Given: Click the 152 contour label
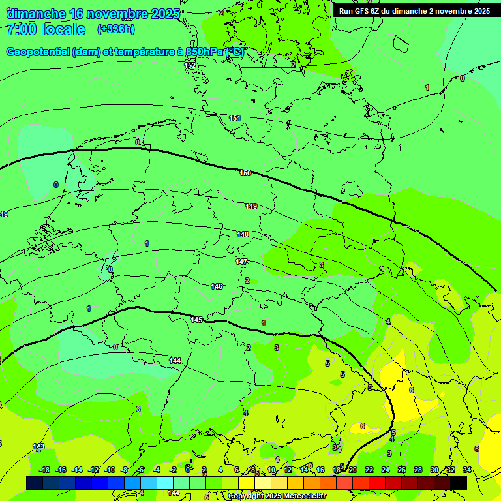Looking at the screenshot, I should coord(190,65).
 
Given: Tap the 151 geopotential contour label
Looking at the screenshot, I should coord(235,118).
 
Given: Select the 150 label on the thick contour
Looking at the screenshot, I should coord(245,173).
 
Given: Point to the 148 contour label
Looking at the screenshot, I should coord(243,234).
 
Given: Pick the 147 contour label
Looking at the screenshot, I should coord(241,262).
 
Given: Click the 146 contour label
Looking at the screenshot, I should coord(217,286).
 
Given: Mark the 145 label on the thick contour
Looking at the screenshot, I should coord(197,320).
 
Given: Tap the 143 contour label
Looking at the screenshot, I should coord(38,446).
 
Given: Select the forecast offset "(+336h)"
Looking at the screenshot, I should coord(115,29).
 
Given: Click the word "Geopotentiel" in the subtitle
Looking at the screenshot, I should coord(37,52).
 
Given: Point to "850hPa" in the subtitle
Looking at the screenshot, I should coord(204,52).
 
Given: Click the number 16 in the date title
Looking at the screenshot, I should coord(76,14).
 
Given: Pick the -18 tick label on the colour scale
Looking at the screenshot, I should coord(44,470).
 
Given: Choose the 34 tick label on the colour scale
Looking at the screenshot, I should coord(467,470).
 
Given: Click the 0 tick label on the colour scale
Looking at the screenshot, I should coord(188,470).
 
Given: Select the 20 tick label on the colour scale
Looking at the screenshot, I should coord(353,470).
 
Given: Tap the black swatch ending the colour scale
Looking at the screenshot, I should coord(459,483).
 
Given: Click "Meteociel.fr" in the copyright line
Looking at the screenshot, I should coord(302,496).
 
